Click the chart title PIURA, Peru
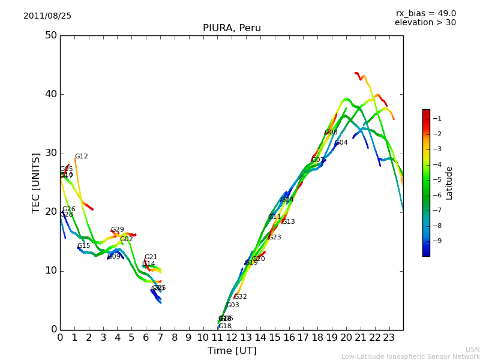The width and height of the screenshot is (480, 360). click(x=232, y=28)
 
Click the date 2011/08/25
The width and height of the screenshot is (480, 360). click(x=47, y=16)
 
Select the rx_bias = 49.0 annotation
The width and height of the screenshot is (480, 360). click(x=425, y=13)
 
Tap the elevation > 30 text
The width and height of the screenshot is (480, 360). click(x=425, y=23)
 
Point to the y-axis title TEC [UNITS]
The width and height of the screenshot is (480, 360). click(x=36, y=182)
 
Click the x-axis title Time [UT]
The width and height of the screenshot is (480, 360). click(x=232, y=350)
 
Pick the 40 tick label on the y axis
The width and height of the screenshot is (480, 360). click(x=50, y=94)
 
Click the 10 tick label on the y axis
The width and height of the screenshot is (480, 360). click(x=50, y=271)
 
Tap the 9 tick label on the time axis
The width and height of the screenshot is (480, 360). click(x=188, y=338)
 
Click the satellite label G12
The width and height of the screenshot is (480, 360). click(x=81, y=157)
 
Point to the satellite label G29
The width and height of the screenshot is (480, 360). click(x=117, y=230)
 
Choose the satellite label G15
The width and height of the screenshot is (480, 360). click(x=83, y=246)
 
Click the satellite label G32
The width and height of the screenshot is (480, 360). click(x=240, y=297)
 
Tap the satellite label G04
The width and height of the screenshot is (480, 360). click(x=341, y=143)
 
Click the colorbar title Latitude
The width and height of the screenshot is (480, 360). click(x=449, y=182)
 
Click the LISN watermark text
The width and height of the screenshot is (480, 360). click(x=472, y=349)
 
